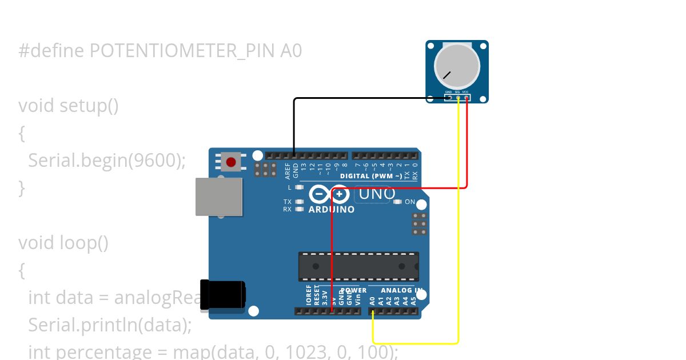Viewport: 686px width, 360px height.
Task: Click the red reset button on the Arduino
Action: click(x=231, y=162)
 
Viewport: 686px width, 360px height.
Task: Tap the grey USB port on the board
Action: click(x=219, y=197)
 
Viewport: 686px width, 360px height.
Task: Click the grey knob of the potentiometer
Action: click(x=457, y=66)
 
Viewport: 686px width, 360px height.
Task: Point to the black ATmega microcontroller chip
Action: click(x=358, y=266)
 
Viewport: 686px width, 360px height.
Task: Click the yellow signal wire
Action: click(x=458, y=229)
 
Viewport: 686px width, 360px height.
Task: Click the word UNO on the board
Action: click(x=377, y=194)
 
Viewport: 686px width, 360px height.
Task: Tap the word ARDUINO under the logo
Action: click(x=332, y=210)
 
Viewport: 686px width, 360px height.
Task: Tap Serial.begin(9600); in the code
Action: click(x=107, y=161)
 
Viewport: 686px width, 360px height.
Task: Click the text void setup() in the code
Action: click(x=69, y=106)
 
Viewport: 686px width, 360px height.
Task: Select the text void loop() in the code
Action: click(x=63, y=243)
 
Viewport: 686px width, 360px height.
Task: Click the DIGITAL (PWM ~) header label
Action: click(x=371, y=176)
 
